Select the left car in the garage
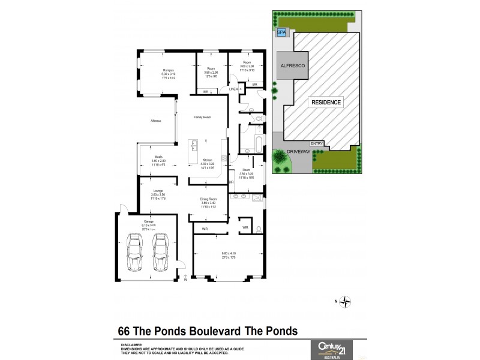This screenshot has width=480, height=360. (135, 251)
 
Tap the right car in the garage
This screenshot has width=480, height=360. (160, 251)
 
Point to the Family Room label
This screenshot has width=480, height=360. (202, 117)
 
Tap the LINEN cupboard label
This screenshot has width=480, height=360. (233, 89)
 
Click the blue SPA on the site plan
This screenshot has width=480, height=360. (281, 33)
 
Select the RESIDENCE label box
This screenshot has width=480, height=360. (326, 102)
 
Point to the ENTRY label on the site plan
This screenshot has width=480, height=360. (317, 143)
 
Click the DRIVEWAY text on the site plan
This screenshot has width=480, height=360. (298, 152)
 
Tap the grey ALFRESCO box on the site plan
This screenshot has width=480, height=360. (292, 68)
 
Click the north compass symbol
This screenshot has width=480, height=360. (346, 302)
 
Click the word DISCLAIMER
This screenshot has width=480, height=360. (131, 345)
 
